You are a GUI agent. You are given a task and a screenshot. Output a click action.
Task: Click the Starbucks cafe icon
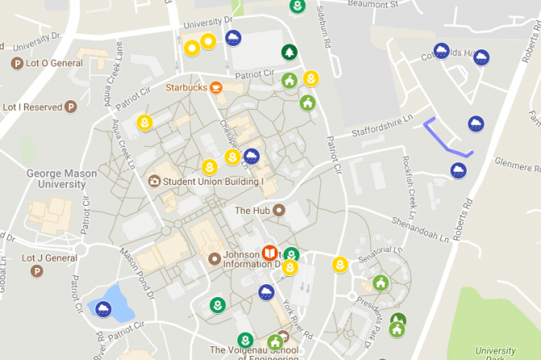[x=216, y=87]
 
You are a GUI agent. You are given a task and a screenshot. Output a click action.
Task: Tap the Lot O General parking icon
[x=17, y=63]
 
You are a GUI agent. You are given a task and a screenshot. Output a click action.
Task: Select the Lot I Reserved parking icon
[x=71, y=107]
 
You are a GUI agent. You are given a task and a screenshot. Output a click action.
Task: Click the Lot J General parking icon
[x=37, y=270]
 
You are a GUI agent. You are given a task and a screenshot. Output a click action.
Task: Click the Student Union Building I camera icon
[x=154, y=182]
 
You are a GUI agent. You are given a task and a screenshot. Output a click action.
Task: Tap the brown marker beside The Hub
[x=279, y=210]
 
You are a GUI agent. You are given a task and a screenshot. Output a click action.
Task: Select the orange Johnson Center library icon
[x=270, y=253]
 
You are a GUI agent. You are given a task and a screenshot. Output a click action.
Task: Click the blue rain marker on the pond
[x=104, y=308]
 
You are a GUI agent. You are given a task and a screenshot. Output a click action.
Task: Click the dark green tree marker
[x=288, y=52]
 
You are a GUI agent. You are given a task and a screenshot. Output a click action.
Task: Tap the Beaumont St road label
[x=374, y=5]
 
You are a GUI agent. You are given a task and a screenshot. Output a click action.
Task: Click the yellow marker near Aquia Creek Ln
[x=145, y=123]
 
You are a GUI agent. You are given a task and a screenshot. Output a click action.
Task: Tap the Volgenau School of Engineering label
[x=253, y=350]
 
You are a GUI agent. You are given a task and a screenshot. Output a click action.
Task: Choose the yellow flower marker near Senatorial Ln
[x=341, y=264]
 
